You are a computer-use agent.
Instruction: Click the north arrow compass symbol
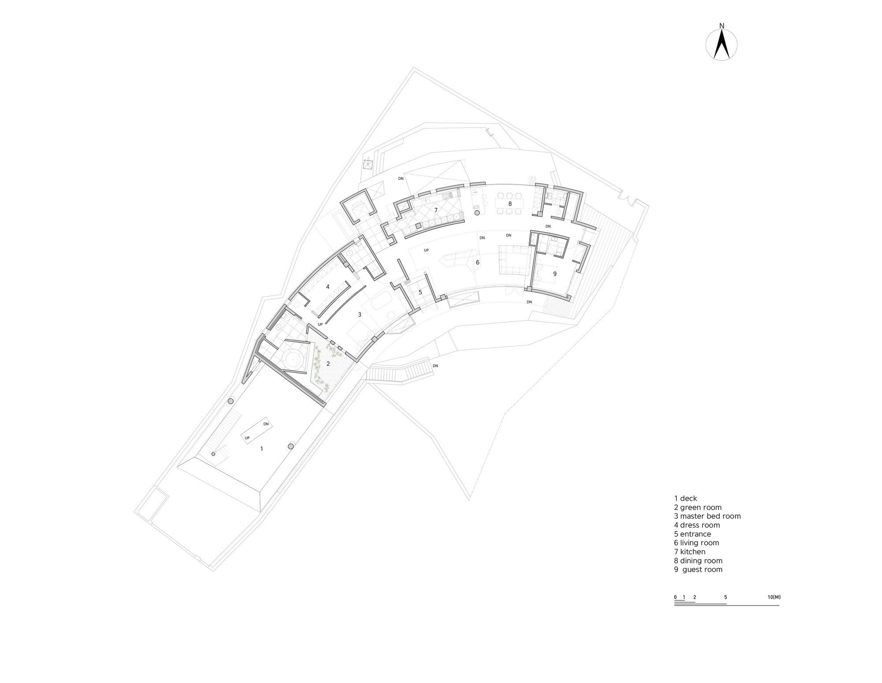tap(721, 44)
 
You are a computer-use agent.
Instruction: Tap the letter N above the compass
tap(722, 26)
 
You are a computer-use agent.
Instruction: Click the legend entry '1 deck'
tap(685, 499)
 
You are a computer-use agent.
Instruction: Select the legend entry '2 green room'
tap(698, 507)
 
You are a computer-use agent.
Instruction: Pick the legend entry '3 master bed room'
tap(707, 516)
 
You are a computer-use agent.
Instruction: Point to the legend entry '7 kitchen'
tap(690, 552)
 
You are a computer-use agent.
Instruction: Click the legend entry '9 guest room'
tap(698, 570)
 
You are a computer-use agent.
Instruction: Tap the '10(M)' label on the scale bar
tap(774, 597)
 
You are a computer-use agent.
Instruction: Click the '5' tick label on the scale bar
tap(725, 597)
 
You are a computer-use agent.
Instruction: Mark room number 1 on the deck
tap(262, 449)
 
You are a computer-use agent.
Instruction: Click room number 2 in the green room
tap(328, 364)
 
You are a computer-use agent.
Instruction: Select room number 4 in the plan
tap(328, 287)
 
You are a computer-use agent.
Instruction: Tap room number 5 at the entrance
tap(420, 292)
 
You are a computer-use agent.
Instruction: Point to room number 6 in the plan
tap(478, 263)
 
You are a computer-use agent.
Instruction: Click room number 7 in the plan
tap(436, 210)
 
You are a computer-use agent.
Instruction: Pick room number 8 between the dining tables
tap(510, 204)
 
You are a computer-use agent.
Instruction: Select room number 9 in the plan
tap(555, 274)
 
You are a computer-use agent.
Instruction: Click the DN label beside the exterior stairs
tap(436, 366)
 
